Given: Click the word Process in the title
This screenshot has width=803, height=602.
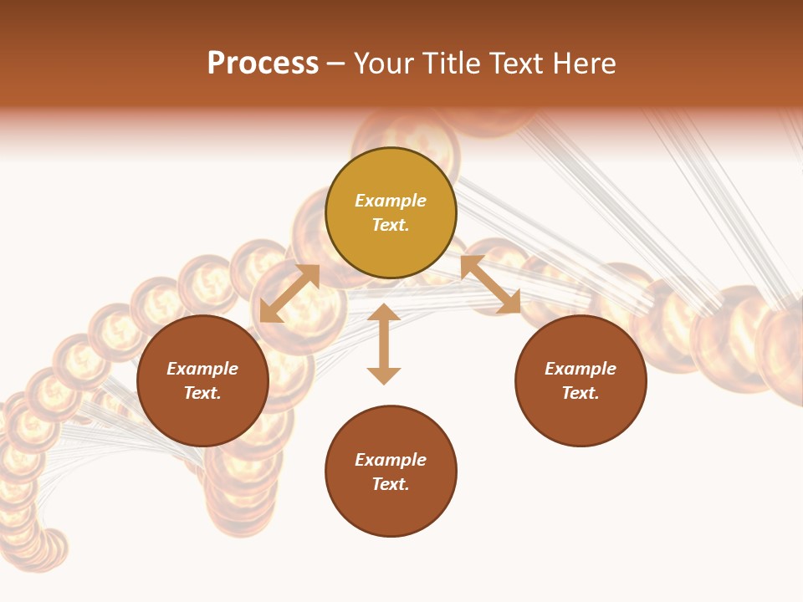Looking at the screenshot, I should pos(263,64).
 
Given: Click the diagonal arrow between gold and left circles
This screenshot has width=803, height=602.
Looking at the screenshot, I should pos(289,293).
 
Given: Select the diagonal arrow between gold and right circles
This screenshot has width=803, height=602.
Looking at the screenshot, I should pos(490,285).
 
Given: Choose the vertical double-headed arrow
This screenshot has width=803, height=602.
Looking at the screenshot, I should pos(384,344).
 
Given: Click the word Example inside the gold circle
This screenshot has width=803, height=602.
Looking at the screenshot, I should pos(391,201).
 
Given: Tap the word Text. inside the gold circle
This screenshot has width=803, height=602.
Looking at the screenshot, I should pos(391,225).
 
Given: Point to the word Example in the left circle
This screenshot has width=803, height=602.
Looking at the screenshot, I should pos(202,369).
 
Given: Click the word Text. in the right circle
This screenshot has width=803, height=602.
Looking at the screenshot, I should pos(581,393).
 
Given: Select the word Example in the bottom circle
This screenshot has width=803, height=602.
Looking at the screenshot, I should pos(391,460).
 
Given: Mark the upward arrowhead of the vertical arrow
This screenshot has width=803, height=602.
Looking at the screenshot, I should pos(384,314).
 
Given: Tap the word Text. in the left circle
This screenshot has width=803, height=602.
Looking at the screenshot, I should pos(202,393).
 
